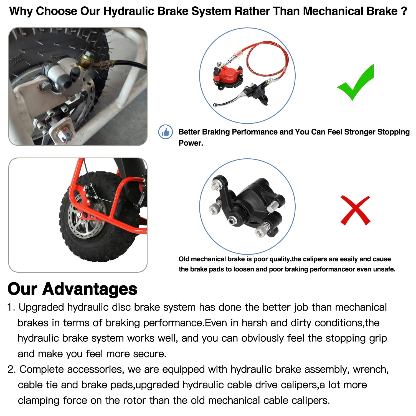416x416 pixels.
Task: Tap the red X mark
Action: click(355, 210)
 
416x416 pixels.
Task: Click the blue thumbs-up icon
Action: click(166, 132)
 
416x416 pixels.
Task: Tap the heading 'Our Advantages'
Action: click(72, 289)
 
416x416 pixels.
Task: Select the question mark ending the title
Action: click(404, 11)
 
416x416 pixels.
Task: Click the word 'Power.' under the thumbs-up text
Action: click(191, 143)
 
